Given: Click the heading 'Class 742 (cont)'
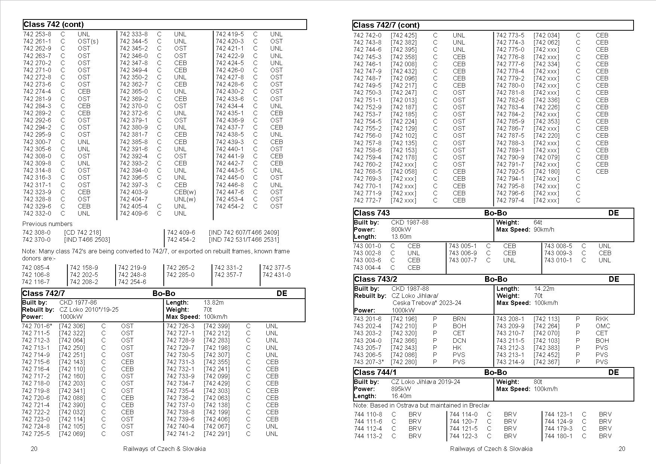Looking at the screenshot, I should coord(53,25).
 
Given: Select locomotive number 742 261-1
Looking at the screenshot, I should coord(37,41).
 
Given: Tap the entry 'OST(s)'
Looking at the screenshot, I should coord(88,41).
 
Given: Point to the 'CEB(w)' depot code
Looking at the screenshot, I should coord(185,192).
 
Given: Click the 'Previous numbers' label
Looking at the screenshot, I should coord(47,224).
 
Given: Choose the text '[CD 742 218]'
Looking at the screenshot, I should coord(83,232).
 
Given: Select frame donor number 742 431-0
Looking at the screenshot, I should coord(276,275).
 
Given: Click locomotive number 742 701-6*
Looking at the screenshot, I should coord(37,326).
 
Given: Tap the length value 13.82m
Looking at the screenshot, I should coord(214,302).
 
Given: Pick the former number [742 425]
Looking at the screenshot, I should coord(404,35).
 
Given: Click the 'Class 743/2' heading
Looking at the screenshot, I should coord(375,279).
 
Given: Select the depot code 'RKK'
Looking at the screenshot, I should coord(602,319).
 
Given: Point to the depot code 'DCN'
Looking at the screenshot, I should coord(459,341).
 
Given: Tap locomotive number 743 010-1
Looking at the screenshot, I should coord(558,260).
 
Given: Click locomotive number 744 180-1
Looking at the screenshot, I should coord(558,436).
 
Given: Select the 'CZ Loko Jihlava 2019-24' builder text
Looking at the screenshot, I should coord(426,382).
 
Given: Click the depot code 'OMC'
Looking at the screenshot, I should coord(603,326).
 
